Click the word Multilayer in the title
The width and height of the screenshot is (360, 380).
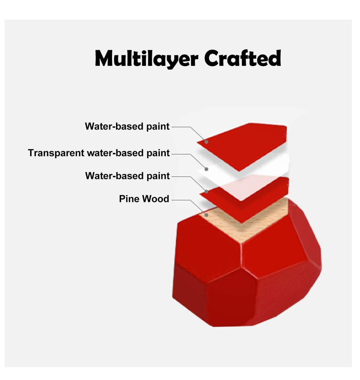[146, 58]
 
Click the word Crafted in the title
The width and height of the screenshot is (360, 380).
[242, 58]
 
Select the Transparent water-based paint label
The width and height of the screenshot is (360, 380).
[99, 153]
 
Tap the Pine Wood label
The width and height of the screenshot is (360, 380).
[144, 199]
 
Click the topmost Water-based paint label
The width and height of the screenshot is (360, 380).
[127, 127]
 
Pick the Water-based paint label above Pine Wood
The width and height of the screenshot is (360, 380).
[127, 176]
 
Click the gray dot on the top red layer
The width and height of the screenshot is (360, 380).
[207, 142]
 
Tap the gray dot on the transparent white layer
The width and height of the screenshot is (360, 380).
[207, 169]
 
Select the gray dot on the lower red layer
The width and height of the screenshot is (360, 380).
[207, 191]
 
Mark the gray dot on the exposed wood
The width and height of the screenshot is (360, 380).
[207, 215]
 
